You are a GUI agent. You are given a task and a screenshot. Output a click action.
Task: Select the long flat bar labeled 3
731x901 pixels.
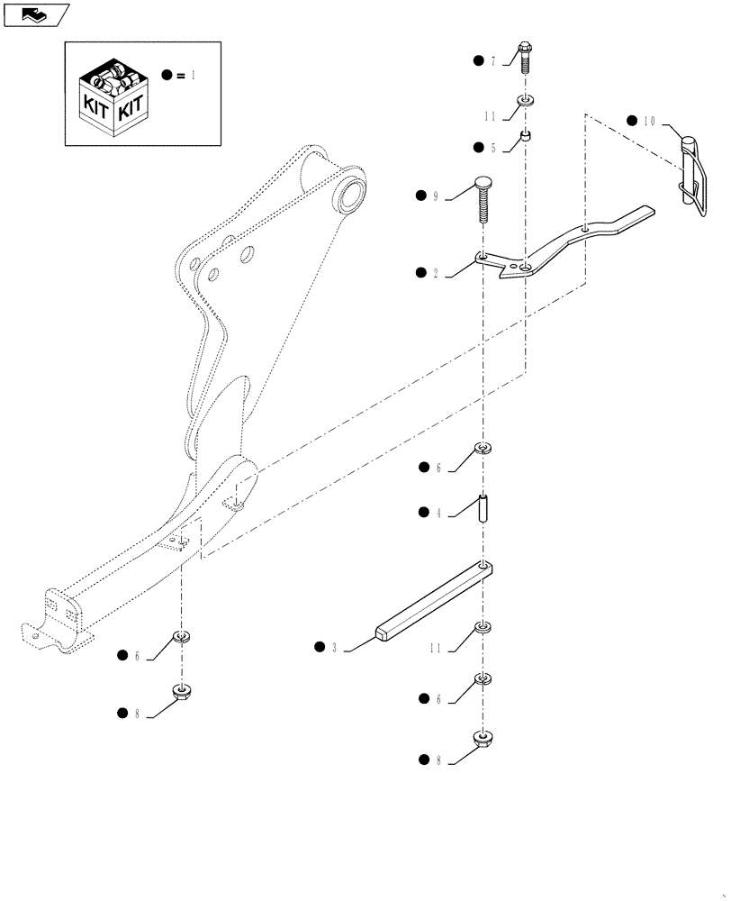coord(434,603)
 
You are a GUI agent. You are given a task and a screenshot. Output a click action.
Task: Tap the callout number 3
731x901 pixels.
coord(334,647)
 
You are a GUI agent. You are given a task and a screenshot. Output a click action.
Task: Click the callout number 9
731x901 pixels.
coord(435,196)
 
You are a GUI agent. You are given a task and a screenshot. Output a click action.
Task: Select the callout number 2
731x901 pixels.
coord(435,272)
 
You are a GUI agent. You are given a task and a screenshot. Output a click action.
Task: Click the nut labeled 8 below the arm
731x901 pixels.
coord(183,692)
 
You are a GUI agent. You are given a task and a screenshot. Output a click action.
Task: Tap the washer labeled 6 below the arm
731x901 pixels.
coord(183,638)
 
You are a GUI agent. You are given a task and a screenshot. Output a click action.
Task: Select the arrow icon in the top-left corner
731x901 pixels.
coord(36,14)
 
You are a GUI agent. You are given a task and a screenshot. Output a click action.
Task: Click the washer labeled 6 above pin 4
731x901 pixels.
coord(484,448)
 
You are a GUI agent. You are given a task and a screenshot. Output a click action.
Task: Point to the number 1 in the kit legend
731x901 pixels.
coord(192,77)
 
